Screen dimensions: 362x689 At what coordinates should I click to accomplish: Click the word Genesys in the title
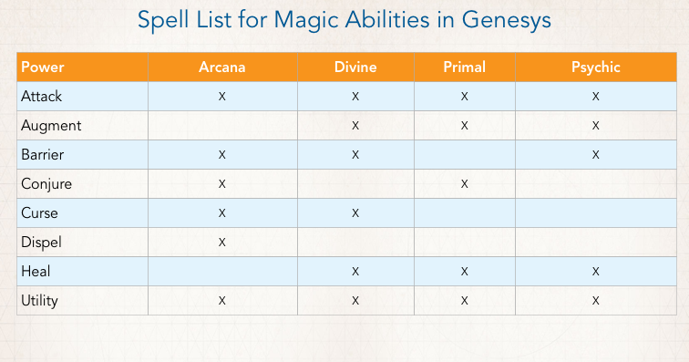coord(506,19)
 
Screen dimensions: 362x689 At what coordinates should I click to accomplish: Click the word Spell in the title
coord(162,19)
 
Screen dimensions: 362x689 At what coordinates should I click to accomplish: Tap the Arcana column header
coord(221,67)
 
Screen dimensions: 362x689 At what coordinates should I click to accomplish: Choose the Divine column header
coord(355,67)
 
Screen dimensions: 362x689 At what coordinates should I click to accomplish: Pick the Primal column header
coord(464,67)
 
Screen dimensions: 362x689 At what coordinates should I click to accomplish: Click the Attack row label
coord(41,96)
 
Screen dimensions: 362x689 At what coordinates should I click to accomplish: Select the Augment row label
coord(50,125)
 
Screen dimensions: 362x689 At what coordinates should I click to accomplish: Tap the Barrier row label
coord(43,154)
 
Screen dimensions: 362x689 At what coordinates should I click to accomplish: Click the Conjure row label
coord(46,183)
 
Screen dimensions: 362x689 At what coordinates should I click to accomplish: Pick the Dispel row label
coord(41,242)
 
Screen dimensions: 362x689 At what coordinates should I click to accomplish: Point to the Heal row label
coord(36,271)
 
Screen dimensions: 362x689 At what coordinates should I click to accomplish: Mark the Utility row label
coord(41,300)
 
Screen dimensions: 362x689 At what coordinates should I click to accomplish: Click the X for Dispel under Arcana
coord(221,243)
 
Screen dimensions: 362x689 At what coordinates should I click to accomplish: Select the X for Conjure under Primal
coord(464,184)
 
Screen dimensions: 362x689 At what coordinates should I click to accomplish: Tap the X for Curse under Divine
coord(355,213)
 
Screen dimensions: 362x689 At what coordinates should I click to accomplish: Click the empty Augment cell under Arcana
coord(221,125)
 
